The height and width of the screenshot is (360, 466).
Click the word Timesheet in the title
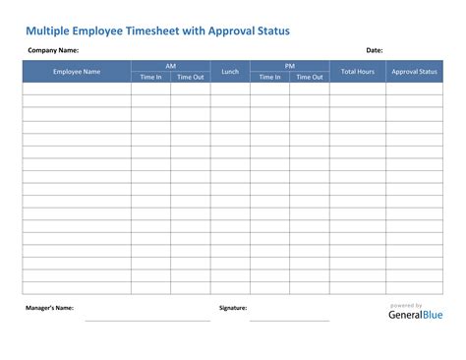[x=156, y=30]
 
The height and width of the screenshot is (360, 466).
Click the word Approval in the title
[x=230, y=30]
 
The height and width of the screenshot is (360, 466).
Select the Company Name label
[x=52, y=49]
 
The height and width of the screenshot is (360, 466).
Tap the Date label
[x=374, y=49]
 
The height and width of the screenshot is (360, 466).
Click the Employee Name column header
[x=77, y=71]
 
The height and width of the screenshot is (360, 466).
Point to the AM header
[x=171, y=66]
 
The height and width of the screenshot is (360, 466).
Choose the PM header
[x=290, y=66]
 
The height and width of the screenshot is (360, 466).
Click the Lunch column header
[x=230, y=71]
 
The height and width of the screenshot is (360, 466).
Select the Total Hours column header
[x=357, y=71]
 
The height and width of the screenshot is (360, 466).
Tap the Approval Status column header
[x=413, y=71]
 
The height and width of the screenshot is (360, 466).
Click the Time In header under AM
[x=151, y=77]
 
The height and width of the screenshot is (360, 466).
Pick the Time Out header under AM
[x=191, y=77]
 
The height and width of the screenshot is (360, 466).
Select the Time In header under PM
[x=270, y=77]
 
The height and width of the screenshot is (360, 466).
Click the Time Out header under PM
[x=310, y=77]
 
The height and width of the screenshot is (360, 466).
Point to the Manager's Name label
[x=49, y=308]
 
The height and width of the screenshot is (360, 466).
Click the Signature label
[x=233, y=308]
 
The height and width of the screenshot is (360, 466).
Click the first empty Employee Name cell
[x=77, y=89]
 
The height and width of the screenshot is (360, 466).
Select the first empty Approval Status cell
[x=413, y=89]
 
